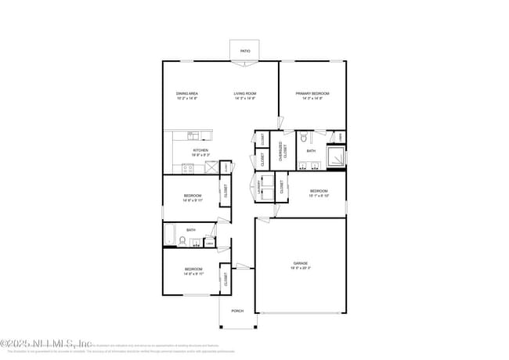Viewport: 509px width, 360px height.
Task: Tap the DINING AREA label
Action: click(186, 94)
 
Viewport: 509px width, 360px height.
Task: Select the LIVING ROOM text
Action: click(245, 94)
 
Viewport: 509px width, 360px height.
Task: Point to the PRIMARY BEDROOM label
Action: click(312, 94)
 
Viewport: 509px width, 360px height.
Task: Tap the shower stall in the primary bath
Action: click(336, 157)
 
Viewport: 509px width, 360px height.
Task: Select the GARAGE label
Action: click(301, 263)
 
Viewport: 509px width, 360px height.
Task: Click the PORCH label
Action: click(237, 311)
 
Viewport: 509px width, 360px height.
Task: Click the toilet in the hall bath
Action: click(182, 241)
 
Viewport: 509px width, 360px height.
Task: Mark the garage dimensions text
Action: click(301, 268)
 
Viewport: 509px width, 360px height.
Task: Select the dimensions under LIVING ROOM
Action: click(245, 99)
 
